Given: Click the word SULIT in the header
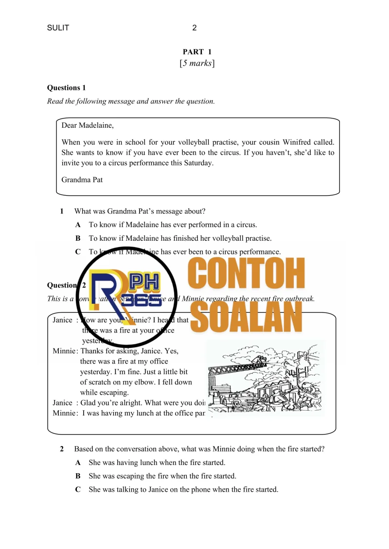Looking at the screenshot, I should tap(58, 28).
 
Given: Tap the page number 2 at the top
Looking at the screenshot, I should tap(194, 28).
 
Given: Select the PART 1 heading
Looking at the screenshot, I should tap(197, 52).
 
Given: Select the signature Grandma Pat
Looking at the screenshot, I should tap(82, 180).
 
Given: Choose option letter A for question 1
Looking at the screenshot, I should tap(78, 225).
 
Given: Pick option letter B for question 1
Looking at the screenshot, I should tap(78, 238).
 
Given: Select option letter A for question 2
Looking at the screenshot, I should tap(78, 463).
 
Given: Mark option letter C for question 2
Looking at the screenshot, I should tap(78, 490).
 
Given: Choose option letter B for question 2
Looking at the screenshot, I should tap(78, 476).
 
